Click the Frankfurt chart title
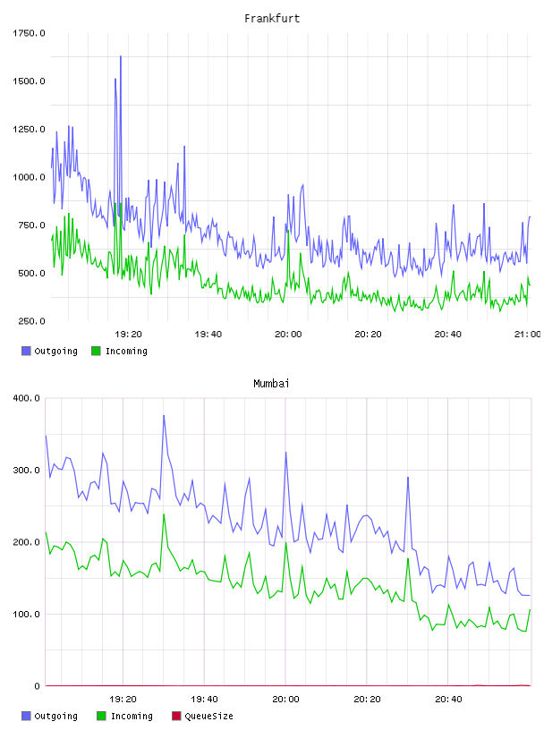(x=272, y=19)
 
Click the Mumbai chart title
(x=271, y=384)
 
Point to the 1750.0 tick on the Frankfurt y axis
(x=29, y=33)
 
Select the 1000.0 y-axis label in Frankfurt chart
(x=29, y=177)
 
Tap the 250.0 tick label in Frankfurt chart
(x=31, y=321)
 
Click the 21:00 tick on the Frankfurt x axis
(x=527, y=335)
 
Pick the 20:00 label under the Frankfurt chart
(x=288, y=335)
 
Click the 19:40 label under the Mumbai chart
(x=204, y=700)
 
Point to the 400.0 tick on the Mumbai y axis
(x=27, y=398)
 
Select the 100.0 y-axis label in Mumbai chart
(x=27, y=614)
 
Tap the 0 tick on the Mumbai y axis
(x=38, y=686)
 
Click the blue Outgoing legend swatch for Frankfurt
(x=26, y=351)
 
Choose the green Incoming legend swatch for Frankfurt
(x=96, y=351)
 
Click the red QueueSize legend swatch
(x=176, y=716)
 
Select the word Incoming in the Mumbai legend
(x=132, y=716)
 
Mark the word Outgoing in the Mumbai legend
(x=55, y=716)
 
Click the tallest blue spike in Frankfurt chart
(x=121, y=56)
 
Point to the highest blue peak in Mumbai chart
(x=164, y=415)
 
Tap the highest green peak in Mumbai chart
(x=164, y=514)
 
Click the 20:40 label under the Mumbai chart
(x=448, y=700)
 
